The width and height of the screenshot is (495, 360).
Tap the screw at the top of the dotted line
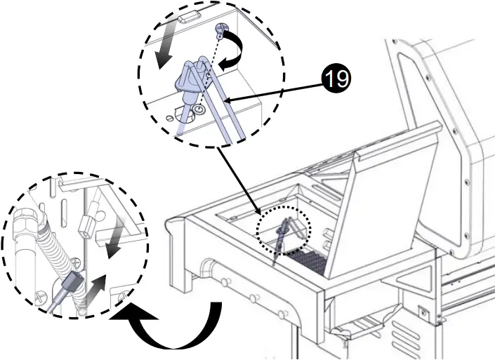click(220, 29)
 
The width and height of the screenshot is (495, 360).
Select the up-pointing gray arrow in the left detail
click(98, 286)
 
